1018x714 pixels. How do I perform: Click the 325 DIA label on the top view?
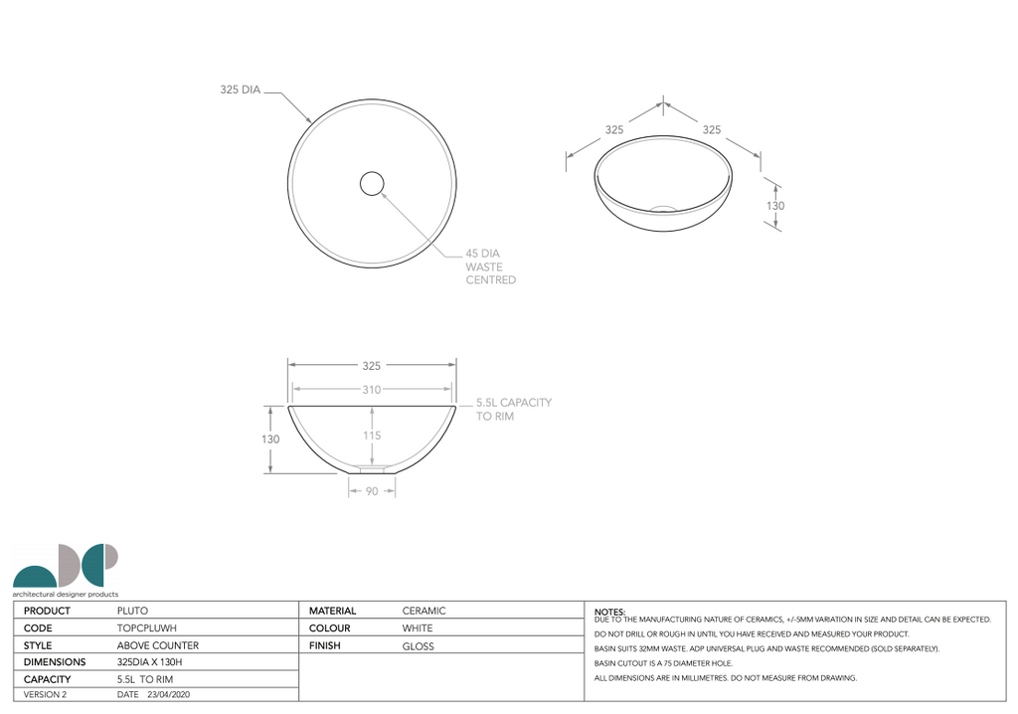click(x=240, y=89)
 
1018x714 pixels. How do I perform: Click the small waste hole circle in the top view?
click(x=371, y=183)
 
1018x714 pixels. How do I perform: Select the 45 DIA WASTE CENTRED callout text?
click(x=490, y=267)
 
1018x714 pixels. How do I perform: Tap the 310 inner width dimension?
click(x=371, y=390)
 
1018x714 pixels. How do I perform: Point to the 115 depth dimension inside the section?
click(x=371, y=436)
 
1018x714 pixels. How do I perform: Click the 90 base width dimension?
click(x=371, y=491)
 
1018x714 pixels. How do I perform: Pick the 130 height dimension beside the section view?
click(x=270, y=439)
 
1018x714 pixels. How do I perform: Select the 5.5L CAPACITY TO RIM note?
click(x=513, y=410)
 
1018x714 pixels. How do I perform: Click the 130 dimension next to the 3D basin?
click(x=775, y=206)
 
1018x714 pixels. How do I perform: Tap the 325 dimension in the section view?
click(x=371, y=366)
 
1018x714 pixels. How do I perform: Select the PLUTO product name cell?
click(x=133, y=611)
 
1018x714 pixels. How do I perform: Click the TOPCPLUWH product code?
click(x=147, y=628)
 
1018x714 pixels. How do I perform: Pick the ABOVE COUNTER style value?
click(x=157, y=645)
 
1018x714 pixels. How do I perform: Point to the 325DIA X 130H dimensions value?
click(x=150, y=662)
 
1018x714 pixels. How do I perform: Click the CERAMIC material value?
click(x=424, y=611)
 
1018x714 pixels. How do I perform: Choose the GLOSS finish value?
click(x=418, y=645)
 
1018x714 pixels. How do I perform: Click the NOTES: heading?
click(x=608, y=611)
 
